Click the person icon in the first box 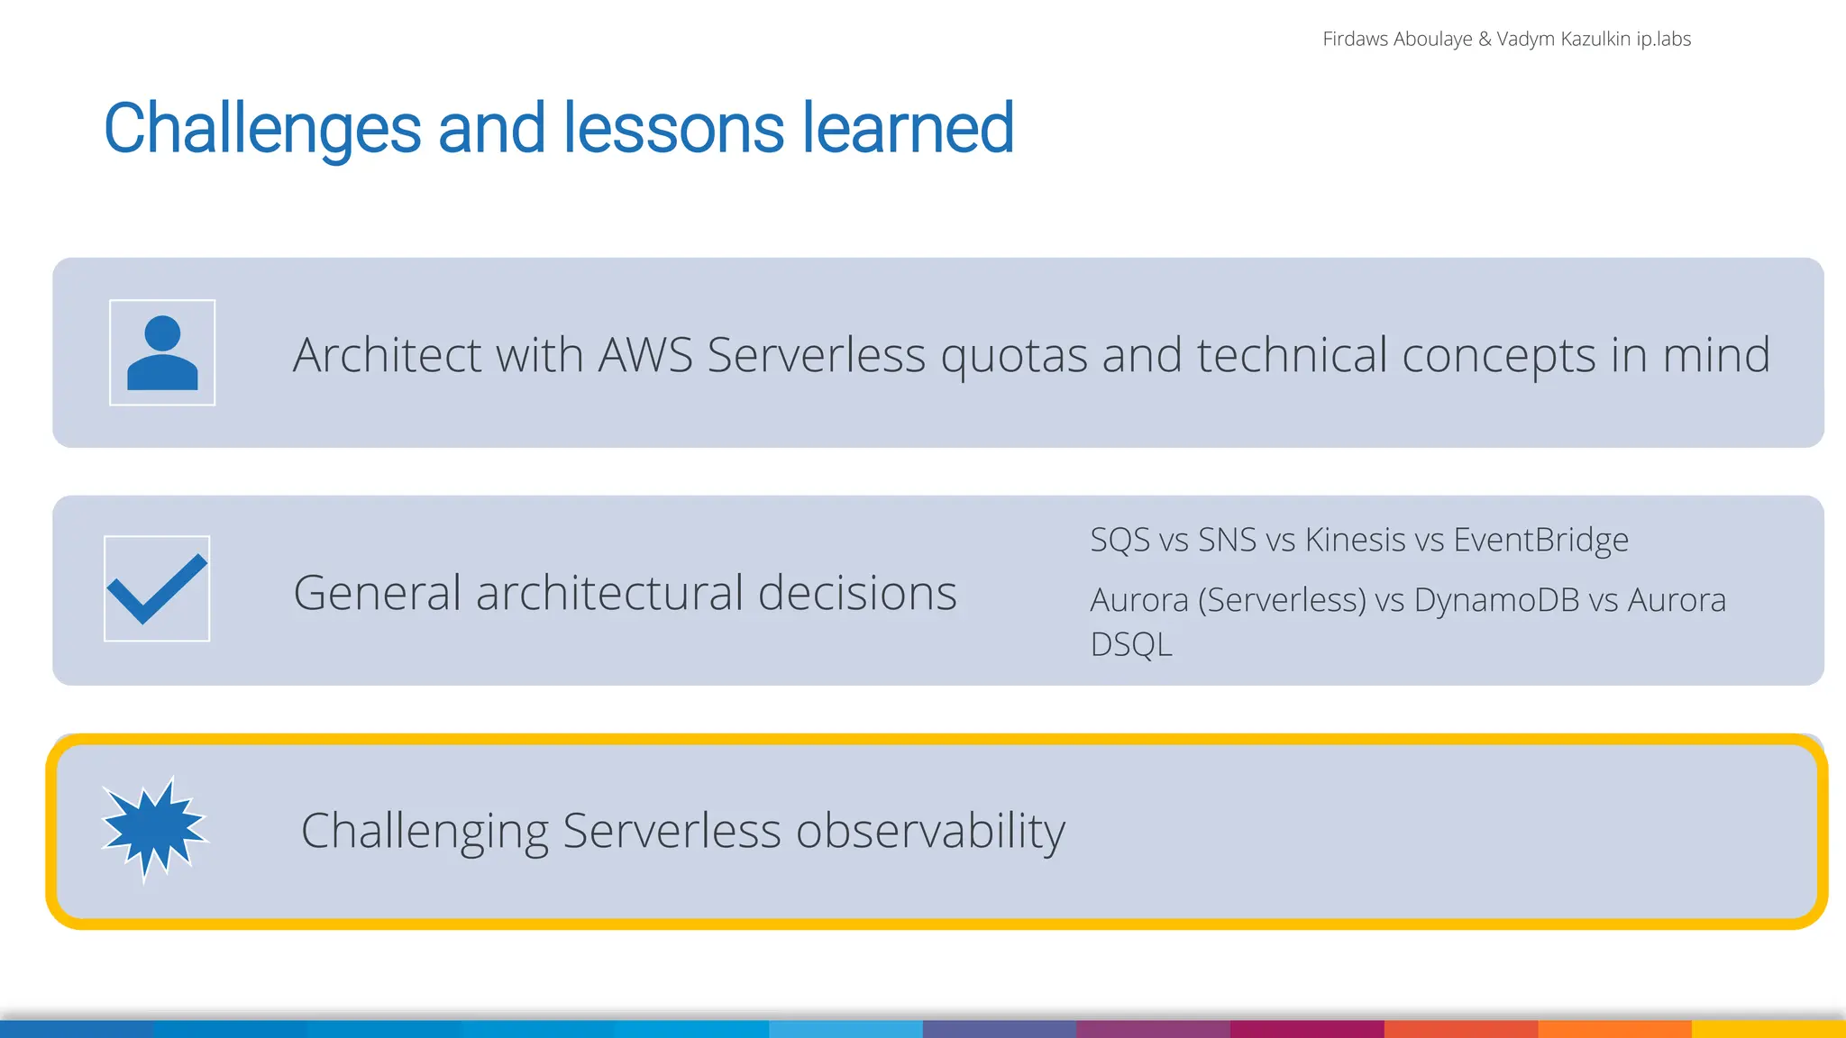tap(162, 353)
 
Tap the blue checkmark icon tap(157, 589)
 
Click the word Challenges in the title tap(262, 129)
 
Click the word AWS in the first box tap(645, 355)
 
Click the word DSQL tap(1131, 645)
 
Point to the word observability tap(930, 831)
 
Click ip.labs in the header tap(1663, 39)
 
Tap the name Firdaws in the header tap(1355, 39)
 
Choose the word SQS tap(1119, 541)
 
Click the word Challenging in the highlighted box tap(425, 831)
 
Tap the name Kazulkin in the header tap(1596, 39)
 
